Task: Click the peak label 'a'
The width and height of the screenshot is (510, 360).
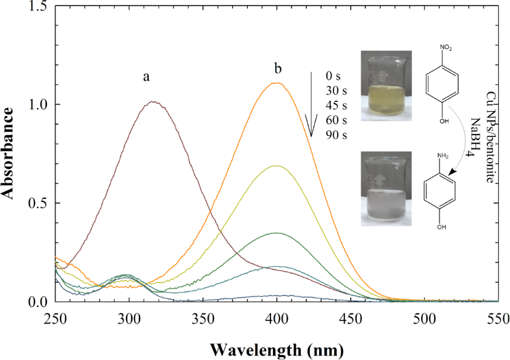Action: click(x=146, y=77)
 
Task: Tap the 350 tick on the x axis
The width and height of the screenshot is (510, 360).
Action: click(x=203, y=318)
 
